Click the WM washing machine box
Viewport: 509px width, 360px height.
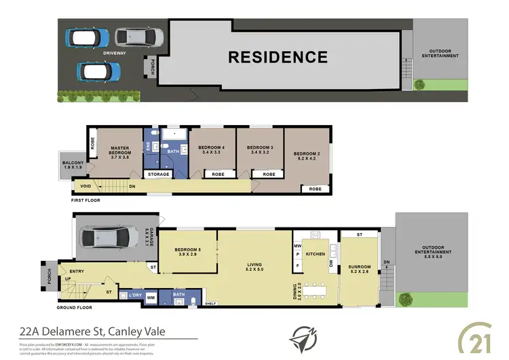click(x=151, y=297)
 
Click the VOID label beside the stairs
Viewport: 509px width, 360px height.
click(x=86, y=185)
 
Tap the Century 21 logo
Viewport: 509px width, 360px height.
click(x=484, y=338)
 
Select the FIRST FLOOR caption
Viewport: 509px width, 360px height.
click(x=90, y=201)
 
